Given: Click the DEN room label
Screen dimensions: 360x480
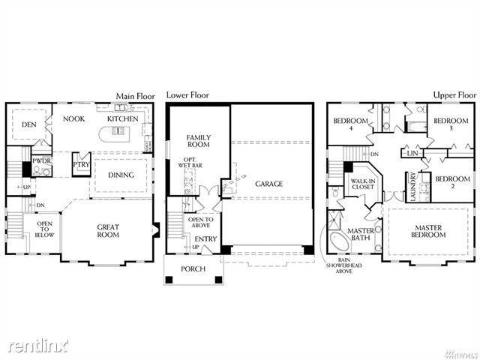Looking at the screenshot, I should pos(29,124).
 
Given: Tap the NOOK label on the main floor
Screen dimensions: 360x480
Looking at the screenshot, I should pos(73,118).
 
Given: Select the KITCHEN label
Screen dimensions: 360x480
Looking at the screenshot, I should pos(122,118).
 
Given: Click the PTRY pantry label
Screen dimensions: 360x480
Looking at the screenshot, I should pos(79,166).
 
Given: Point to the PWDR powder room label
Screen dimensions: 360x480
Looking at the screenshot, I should pos(40,160).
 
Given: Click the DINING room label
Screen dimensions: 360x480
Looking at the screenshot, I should pos(121,175).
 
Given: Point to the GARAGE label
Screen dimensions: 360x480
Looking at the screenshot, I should pos(268,184).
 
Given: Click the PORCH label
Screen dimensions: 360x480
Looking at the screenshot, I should pos(193,268).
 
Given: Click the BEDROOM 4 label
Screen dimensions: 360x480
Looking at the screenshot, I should pos(350,124).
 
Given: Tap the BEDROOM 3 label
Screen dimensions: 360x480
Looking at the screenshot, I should pos(451,124).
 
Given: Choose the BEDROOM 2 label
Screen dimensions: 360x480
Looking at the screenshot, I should pos(452,182).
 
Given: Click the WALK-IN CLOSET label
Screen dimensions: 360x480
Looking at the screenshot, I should pos(363,184).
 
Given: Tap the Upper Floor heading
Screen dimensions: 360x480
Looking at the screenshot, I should pos(455,96).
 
